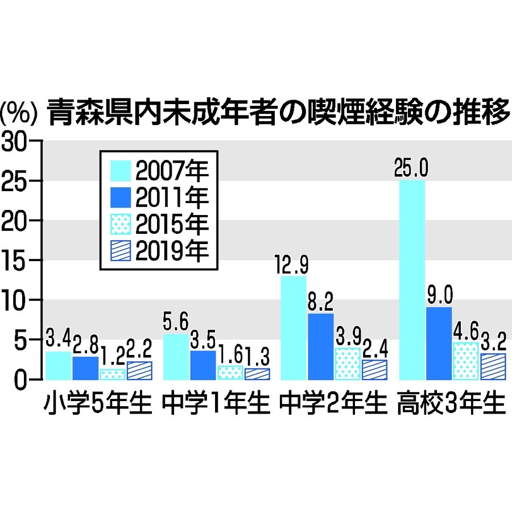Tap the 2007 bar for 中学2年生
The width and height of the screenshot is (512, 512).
coord(293,328)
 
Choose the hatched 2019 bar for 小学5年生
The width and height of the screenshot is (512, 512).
coord(139,370)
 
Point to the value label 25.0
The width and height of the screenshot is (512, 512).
coord(412,168)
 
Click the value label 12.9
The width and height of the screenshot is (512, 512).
coord(293,265)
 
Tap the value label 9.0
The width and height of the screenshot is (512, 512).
coord(439,296)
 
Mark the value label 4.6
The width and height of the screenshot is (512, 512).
coord(465,331)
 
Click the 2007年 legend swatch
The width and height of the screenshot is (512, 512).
coord(120,170)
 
